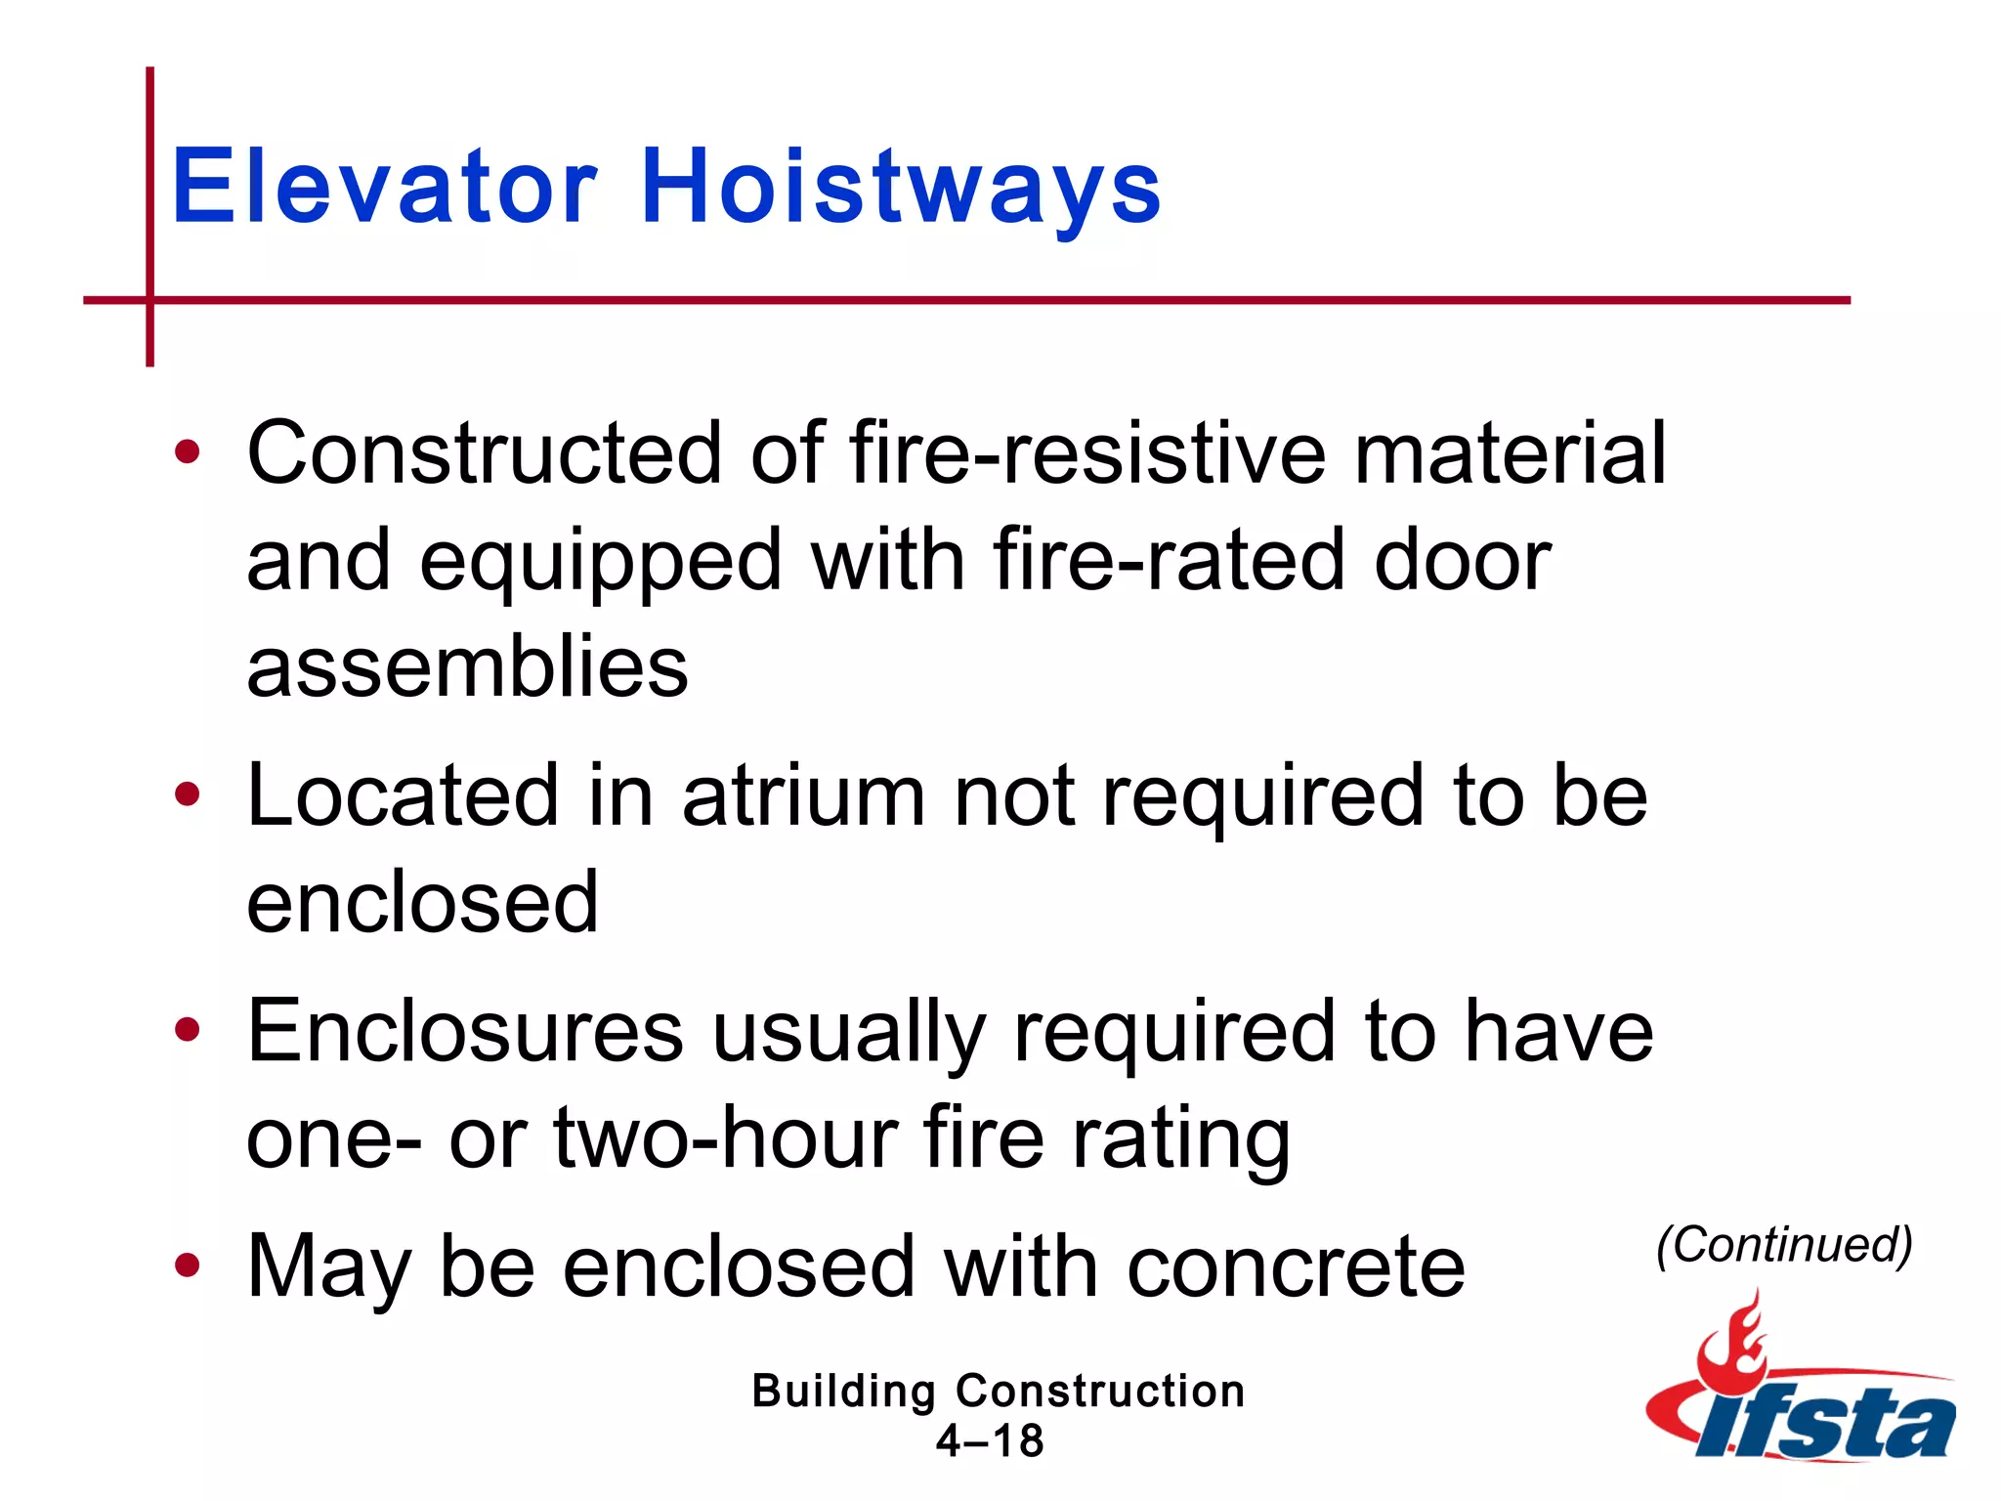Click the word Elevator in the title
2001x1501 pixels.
click(384, 186)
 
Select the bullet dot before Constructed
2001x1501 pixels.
click(187, 451)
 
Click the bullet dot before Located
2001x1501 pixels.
click(187, 793)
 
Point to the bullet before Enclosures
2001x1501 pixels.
click(187, 1029)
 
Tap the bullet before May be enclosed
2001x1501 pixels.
click(187, 1265)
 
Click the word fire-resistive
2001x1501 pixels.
click(1087, 451)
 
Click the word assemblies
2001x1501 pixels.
click(467, 666)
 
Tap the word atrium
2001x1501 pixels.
click(803, 795)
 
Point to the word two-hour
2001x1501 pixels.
click(726, 1137)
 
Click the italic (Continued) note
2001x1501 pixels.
click(1784, 1245)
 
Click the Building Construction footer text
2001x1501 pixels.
click(998, 1391)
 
